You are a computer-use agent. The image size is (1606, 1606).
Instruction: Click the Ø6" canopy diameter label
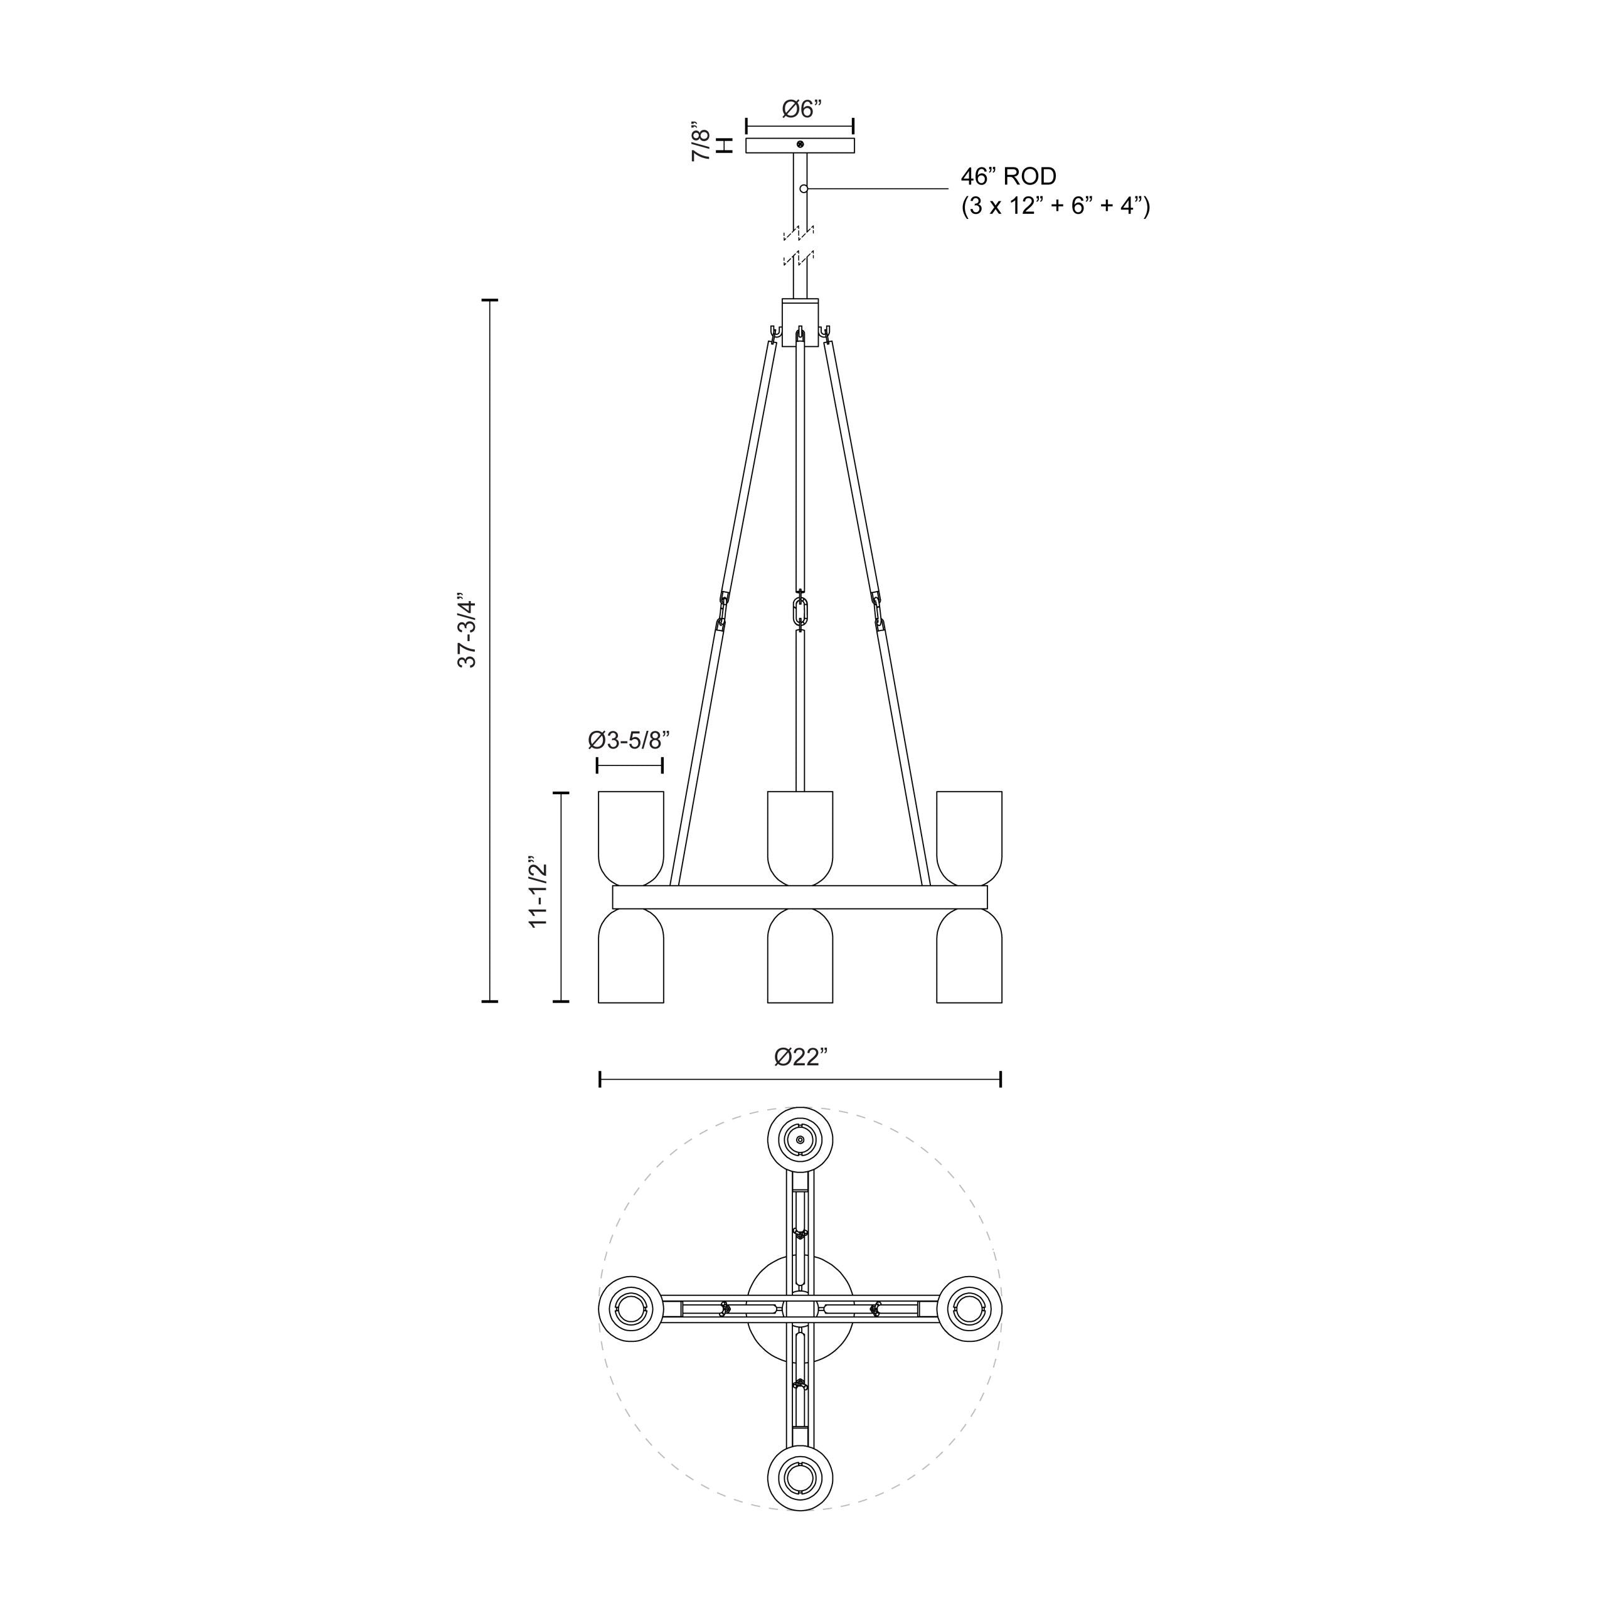[801, 109]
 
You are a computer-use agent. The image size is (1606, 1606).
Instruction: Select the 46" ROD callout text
[1008, 176]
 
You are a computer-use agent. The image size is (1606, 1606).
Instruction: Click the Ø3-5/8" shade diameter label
[629, 740]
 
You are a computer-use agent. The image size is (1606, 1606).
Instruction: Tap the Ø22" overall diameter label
[801, 1056]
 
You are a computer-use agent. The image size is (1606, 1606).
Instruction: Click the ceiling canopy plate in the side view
[800, 146]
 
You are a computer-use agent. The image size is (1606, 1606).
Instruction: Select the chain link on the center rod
[800, 611]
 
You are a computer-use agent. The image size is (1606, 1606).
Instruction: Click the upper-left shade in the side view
[631, 836]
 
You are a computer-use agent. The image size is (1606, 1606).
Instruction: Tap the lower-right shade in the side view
[969, 957]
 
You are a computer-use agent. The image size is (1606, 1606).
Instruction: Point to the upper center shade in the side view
[800, 836]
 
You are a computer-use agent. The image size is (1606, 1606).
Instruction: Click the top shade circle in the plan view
[800, 1141]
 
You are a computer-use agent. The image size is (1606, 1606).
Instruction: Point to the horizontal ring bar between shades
[800, 898]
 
